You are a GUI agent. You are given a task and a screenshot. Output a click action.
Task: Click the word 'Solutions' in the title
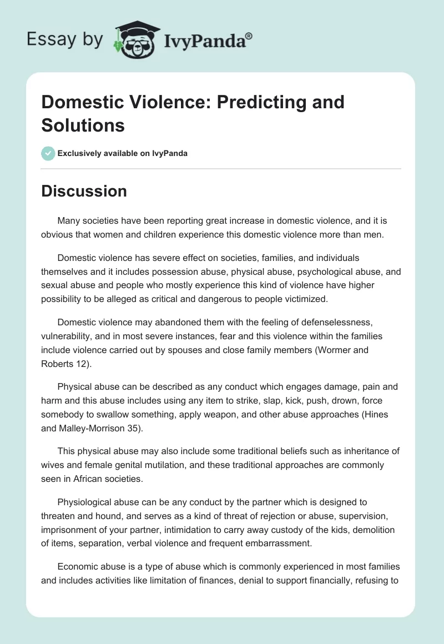tap(83, 125)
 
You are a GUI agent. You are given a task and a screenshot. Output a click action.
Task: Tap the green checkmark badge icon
tap(48, 153)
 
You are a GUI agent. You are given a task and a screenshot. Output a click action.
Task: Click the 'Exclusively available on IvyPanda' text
tap(123, 153)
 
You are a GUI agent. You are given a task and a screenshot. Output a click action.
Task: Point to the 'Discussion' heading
tap(84, 191)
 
